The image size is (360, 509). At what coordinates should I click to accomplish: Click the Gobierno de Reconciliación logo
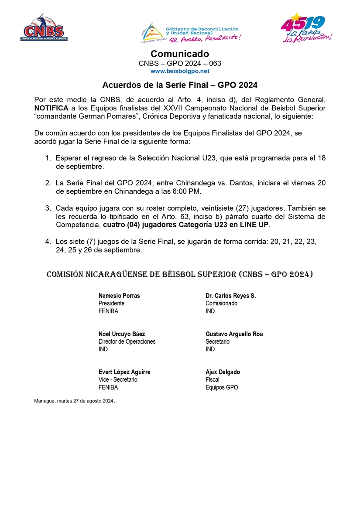(x=191, y=32)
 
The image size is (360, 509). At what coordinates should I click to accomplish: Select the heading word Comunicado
(x=180, y=54)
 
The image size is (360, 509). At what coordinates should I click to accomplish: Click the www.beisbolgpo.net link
(x=180, y=71)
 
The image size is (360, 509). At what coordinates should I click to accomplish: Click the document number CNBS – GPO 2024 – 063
(x=180, y=63)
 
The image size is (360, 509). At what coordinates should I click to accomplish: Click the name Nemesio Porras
(x=119, y=296)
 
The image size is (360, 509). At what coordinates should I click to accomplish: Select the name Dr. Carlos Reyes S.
(x=230, y=296)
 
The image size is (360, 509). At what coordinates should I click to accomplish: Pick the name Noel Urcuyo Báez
(x=122, y=334)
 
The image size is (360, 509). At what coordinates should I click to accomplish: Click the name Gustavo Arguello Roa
(x=234, y=334)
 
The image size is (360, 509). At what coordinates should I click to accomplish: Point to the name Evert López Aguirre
(x=124, y=372)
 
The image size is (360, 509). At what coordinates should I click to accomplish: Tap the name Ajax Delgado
(x=223, y=372)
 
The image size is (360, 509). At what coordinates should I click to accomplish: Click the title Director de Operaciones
(x=127, y=342)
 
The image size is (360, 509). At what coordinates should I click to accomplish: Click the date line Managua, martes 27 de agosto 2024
(x=74, y=401)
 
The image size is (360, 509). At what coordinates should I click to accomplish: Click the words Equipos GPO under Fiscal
(x=222, y=387)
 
